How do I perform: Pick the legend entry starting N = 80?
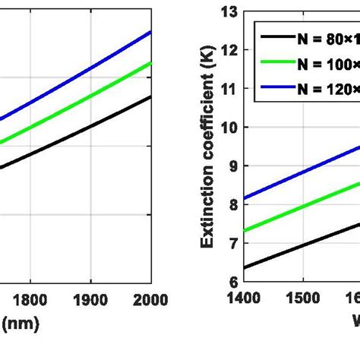(308, 36)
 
